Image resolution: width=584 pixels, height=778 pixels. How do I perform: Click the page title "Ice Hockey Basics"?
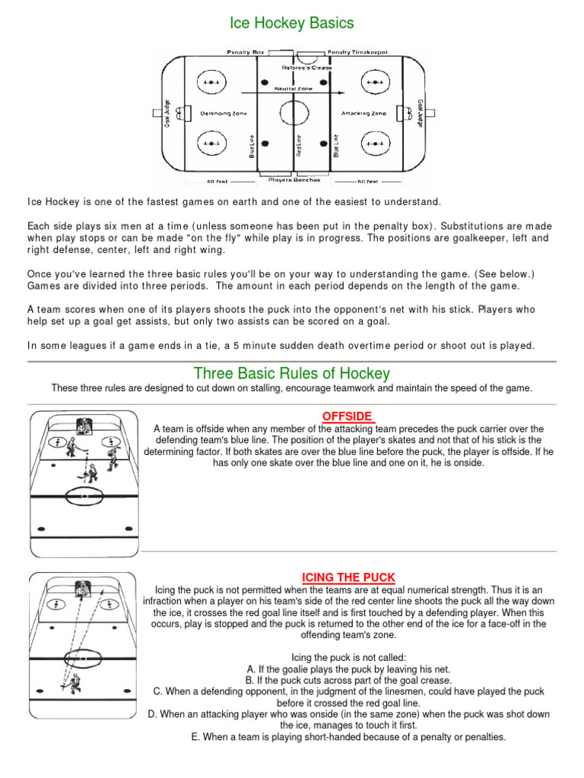tap(292, 23)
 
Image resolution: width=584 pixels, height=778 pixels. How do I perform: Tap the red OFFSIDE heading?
tap(348, 416)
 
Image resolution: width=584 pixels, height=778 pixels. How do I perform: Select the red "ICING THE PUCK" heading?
tap(349, 577)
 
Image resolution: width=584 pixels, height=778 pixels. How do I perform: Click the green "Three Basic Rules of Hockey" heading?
tap(292, 373)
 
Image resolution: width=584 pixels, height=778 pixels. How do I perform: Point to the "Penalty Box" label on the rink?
tap(245, 52)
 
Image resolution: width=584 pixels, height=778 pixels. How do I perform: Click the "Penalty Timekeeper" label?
tap(357, 52)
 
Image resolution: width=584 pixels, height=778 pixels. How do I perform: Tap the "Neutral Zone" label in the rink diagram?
tap(301, 88)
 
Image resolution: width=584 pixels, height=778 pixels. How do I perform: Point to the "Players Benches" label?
tap(294, 181)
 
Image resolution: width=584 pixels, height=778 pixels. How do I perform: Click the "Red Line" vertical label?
tap(298, 145)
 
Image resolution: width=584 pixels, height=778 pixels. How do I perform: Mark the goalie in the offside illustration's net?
tap(83, 428)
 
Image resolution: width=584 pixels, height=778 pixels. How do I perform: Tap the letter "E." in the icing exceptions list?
tap(196, 737)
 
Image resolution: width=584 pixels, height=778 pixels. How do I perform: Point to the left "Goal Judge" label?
tap(166, 113)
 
